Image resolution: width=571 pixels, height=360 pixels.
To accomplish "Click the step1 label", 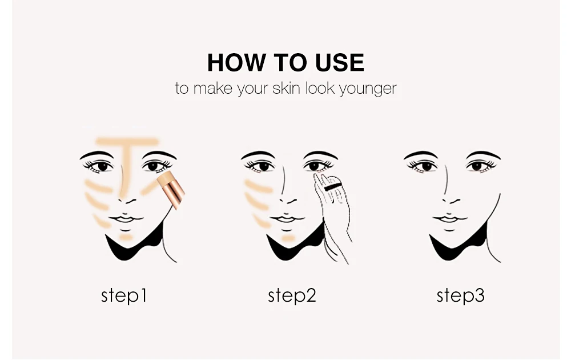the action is click(124, 295).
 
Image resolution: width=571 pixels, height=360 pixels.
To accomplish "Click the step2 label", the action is click(292, 295).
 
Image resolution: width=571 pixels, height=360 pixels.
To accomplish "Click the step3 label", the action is click(461, 295).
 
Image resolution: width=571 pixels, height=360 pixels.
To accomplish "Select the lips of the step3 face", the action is click(449, 219).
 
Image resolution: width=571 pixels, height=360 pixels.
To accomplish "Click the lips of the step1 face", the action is click(125, 219).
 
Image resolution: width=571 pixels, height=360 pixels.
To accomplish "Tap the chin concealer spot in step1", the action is click(126, 237).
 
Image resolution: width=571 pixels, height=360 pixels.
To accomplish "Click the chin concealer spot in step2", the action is click(288, 238).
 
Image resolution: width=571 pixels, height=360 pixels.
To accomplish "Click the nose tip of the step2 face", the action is click(288, 201).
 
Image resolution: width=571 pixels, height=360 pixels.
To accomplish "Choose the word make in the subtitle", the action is click(212, 88).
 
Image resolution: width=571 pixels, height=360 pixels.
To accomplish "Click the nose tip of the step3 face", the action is click(451, 201).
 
